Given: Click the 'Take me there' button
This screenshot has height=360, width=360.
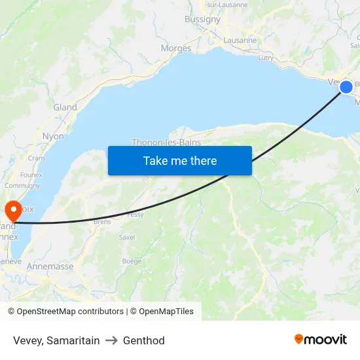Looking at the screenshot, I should [180, 160].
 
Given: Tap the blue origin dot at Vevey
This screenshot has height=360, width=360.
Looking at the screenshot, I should [346, 86].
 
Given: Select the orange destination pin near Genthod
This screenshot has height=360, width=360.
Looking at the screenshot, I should [13, 211].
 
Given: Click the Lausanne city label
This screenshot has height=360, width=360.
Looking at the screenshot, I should [240, 40].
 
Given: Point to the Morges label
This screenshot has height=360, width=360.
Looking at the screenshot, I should [176, 48].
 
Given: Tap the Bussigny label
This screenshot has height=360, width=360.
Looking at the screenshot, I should [202, 19].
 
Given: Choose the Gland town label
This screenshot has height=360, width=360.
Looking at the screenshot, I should [65, 107].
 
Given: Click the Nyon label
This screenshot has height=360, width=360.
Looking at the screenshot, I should [53, 136].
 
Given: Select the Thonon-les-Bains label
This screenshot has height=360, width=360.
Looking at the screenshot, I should [166, 142].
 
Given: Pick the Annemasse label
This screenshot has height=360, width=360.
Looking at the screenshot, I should [50, 266].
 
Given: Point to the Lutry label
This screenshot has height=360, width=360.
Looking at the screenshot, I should [266, 58].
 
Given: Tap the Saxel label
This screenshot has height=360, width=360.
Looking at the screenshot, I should [127, 237].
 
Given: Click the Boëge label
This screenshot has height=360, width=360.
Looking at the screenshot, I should [132, 261].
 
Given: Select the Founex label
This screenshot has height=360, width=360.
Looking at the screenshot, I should [31, 175].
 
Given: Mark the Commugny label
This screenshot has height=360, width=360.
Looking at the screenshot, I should [22, 185].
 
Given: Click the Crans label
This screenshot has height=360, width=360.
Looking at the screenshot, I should [37, 158].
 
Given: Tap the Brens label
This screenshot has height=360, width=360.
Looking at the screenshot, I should [102, 222].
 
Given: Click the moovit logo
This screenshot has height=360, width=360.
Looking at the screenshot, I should [321, 339].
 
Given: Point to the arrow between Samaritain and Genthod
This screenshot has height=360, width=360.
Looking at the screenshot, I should [111, 340].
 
